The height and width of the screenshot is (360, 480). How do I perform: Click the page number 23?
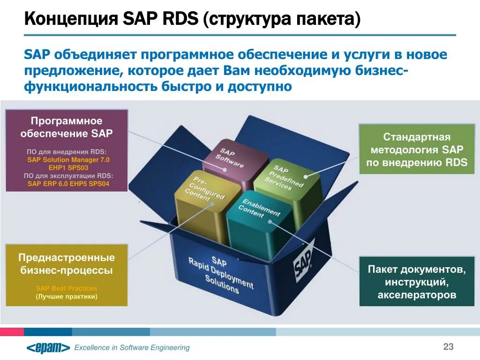point(448,347)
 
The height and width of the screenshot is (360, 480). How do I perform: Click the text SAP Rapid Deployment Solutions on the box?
point(220,274)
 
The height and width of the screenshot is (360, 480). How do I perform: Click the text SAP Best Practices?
point(67,288)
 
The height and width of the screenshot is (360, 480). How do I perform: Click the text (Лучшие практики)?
point(67,297)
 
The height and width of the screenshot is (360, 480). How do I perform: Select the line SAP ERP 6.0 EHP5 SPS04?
point(68,184)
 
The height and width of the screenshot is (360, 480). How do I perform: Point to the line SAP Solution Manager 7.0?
point(68,159)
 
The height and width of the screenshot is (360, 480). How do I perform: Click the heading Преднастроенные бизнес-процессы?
point(67,264)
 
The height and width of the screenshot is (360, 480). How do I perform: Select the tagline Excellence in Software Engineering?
point(132,347)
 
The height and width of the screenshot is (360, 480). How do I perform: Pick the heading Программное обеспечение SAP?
point(67,127)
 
